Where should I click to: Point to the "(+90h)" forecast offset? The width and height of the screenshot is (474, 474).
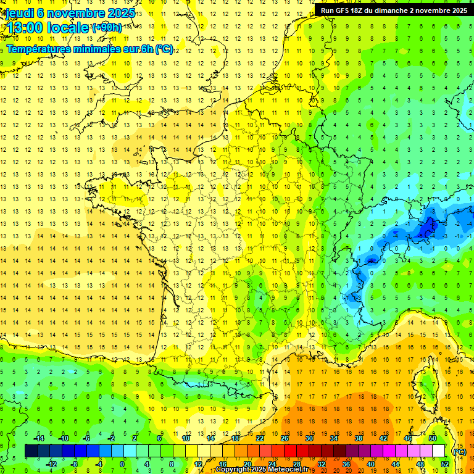point(107,28)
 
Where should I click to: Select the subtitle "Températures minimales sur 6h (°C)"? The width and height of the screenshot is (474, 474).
point(89,49)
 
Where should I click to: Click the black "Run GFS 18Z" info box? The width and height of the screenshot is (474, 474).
point(393,10)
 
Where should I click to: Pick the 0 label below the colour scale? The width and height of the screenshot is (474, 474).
point(122,464)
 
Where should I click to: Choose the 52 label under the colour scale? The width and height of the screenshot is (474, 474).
point(444,464)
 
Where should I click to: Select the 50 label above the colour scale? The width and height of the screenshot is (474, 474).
point(432,438)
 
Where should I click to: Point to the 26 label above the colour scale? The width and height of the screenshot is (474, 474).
point(285,438)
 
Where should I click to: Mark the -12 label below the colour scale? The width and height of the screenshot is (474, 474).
point(52,464)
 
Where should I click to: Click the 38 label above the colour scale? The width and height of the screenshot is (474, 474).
point(358,438)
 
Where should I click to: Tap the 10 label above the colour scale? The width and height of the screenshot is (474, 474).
point(186,438)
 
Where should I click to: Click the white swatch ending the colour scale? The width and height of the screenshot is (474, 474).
point(438,451)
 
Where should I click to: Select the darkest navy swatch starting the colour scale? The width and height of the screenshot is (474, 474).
point(31,451)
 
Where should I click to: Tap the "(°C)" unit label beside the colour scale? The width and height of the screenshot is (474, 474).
point(460,451)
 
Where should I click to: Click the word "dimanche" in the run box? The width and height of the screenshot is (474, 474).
point(389,10)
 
